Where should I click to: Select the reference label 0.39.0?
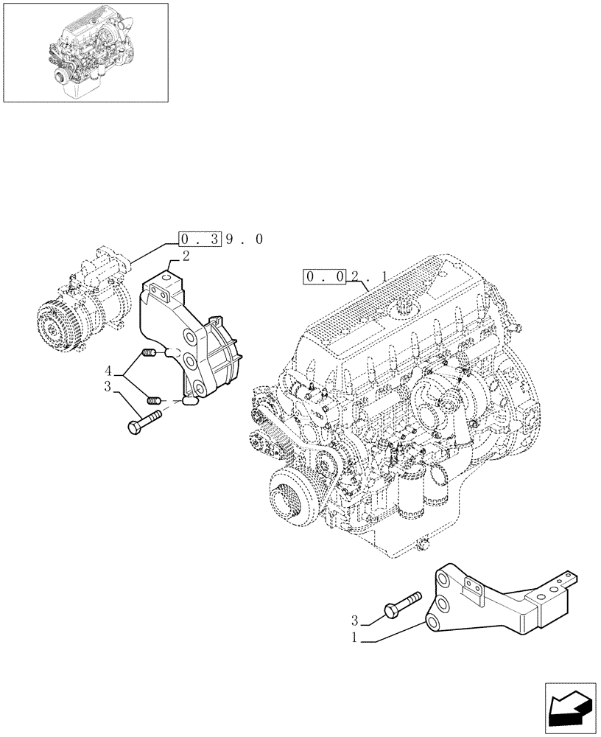220,239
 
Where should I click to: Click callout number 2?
186,256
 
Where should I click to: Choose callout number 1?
355,640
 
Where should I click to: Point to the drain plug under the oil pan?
422,545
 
